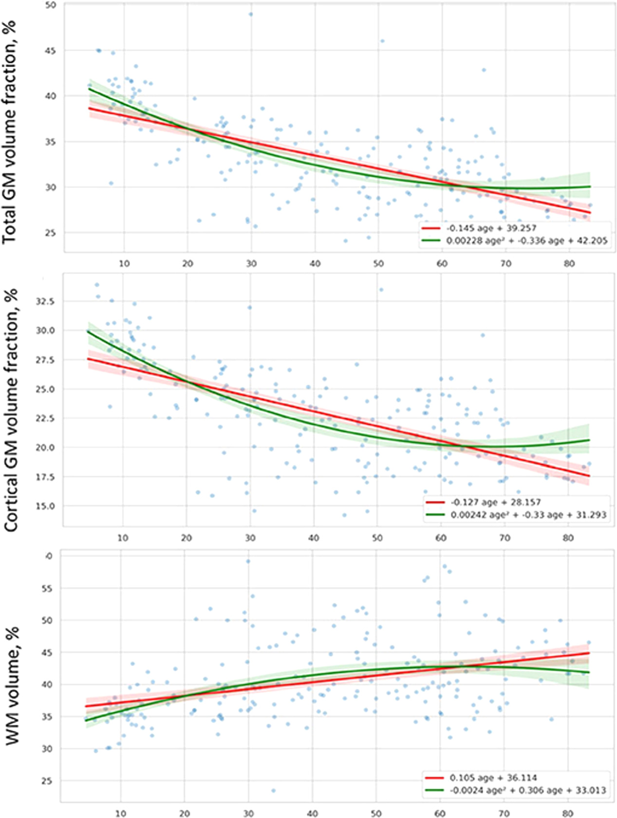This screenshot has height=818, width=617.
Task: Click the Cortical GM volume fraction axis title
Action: tap(11, 410)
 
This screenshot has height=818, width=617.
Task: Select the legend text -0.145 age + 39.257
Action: tap(491, 228)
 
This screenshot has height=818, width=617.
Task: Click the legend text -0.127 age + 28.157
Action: tap(495, 502)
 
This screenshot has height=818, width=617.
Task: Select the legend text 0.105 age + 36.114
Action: tap(493, 778)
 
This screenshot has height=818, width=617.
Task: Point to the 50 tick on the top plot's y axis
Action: tap(50, 5)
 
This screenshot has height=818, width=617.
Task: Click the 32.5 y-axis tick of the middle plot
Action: tap(45, 301)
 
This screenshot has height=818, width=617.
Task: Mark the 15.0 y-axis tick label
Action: tap(45, 506)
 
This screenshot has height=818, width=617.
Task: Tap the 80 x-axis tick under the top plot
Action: tap(569, 263)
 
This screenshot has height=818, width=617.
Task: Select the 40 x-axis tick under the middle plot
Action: tap(314, 538)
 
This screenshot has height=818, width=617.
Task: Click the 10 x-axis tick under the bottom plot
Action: tap(120, 813)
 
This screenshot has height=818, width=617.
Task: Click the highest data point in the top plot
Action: tap(251, 14)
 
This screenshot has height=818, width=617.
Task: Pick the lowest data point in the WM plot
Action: tap(273, 790)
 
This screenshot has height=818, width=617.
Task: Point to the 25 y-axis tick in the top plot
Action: tap(50, 233)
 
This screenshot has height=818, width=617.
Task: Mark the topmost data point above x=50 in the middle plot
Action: tap(381, 290)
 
